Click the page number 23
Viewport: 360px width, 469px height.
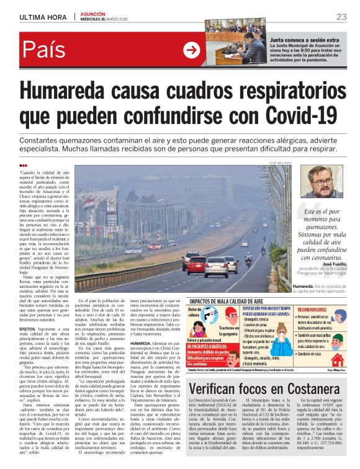click(341, 17)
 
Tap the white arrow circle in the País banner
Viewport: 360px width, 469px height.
click(192, 49)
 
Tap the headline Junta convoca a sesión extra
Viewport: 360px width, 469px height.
click(304, 40)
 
